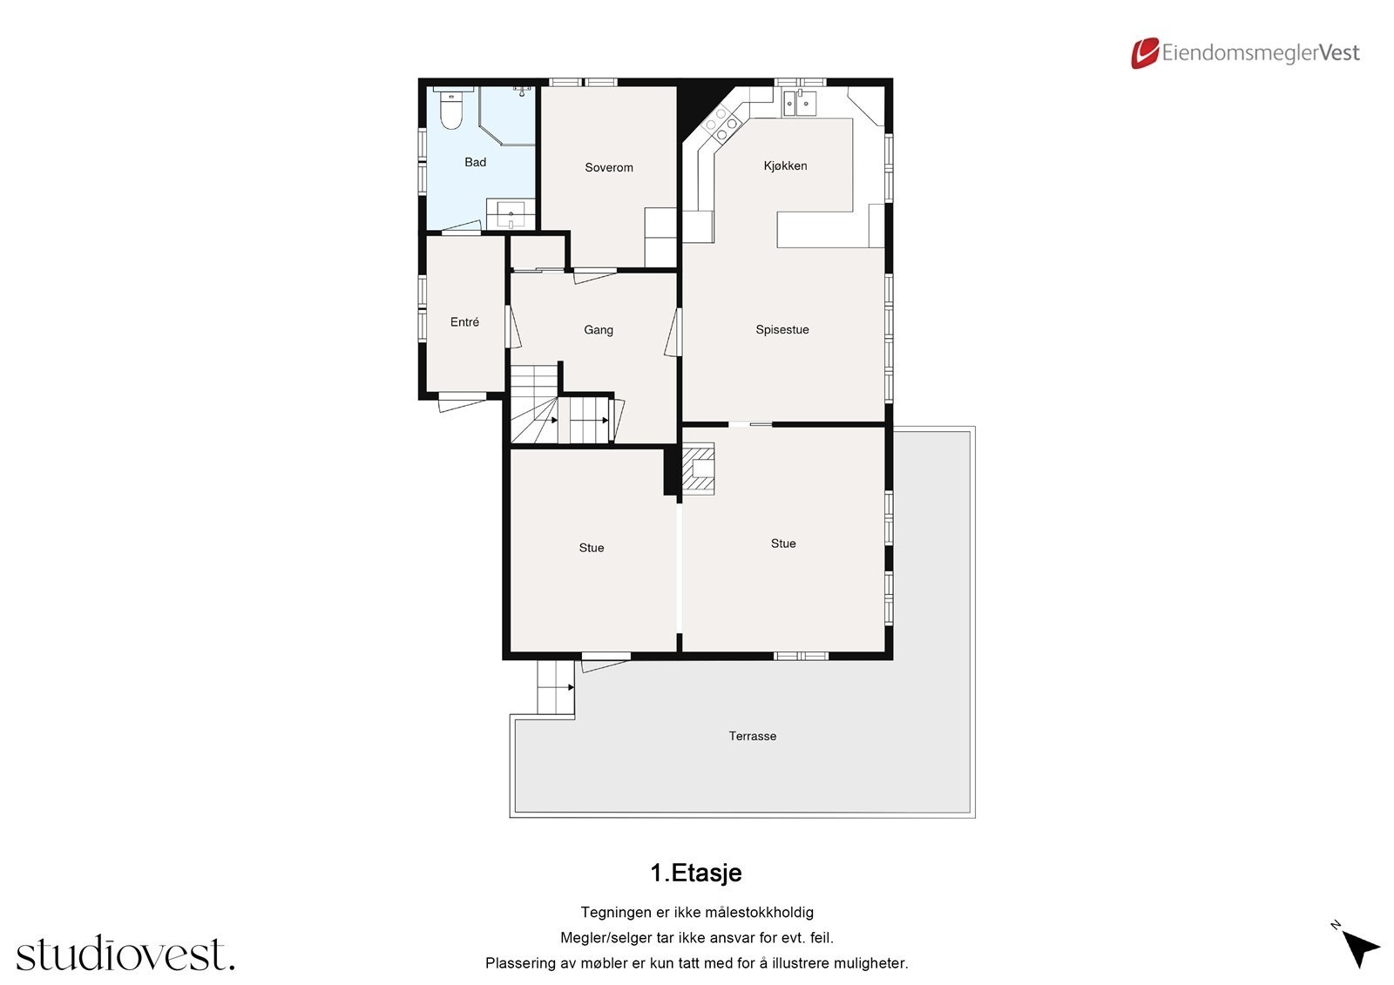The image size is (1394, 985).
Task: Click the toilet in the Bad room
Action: (x=450, y=111)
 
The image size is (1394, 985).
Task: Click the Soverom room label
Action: (x=608, y=167)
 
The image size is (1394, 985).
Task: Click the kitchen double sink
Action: (x=800, y=104)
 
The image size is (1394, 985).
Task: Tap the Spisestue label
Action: (x=782, y=329)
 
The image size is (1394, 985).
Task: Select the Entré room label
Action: (x=464, y=322)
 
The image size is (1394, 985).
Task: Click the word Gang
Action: (x=598, y=329)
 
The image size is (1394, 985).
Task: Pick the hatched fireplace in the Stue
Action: (x=698, y=469)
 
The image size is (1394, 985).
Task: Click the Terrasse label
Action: (x=752, y=736)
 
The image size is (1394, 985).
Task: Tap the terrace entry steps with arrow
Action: (x=555, y=687)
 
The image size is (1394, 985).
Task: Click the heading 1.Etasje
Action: (x=695, y=873)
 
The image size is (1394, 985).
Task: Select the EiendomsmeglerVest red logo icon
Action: (x=1144, y=53)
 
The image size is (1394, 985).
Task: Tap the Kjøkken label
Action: (x=785, y=165)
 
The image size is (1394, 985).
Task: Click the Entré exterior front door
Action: (x=462, y=402)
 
